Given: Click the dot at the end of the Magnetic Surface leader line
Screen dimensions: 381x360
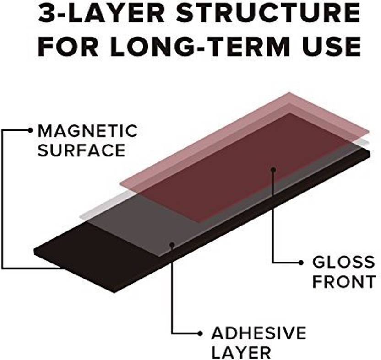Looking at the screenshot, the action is pos(30,130).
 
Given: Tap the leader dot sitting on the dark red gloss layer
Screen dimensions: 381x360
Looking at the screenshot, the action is pos(273,169).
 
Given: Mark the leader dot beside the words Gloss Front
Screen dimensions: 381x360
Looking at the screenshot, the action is pos(301,263).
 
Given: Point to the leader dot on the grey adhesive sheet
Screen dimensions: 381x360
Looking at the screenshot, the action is pos(172,245).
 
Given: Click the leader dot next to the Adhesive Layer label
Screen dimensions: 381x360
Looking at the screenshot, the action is pos(200,333).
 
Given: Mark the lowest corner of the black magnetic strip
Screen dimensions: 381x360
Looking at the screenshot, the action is pos(114,293).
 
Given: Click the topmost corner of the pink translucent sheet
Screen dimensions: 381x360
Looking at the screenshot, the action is pos(289,92).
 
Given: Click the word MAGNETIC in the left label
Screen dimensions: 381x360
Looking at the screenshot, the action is pos(87,131).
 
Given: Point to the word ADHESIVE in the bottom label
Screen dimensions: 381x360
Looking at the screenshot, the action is pos(259,333).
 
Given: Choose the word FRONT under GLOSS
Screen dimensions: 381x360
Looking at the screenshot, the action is pos(344,282).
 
